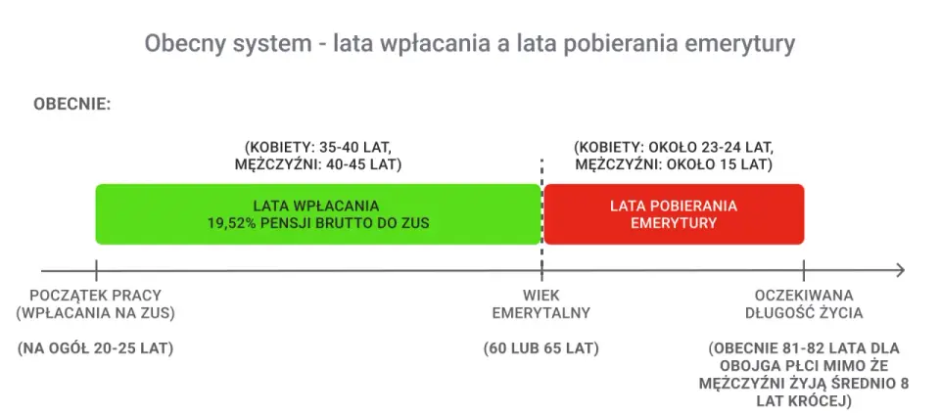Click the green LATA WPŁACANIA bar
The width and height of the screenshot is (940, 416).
point(318,214)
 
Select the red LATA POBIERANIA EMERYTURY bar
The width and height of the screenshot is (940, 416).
point(674,214)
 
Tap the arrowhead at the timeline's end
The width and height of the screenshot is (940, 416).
point(899,271)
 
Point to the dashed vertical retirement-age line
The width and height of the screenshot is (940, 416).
point(541,219)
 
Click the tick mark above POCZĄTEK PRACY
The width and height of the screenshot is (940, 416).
point(96,271)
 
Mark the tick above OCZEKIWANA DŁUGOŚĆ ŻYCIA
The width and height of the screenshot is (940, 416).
point(804,271)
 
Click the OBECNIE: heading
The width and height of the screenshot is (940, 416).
point(71,104)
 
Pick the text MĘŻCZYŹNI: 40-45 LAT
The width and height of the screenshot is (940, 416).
point(317,164)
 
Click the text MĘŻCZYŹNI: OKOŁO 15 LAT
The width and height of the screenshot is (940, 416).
point(674,164)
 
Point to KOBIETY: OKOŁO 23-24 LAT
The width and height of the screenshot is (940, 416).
point(674,147)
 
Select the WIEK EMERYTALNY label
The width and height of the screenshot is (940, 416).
point(541,303)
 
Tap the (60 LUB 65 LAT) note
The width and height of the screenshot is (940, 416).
point(541,348)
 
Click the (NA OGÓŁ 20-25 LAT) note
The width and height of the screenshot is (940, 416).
point(96,348)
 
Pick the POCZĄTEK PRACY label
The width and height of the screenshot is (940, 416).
point(96,296)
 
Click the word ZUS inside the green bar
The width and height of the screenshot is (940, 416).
point(416,223)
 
